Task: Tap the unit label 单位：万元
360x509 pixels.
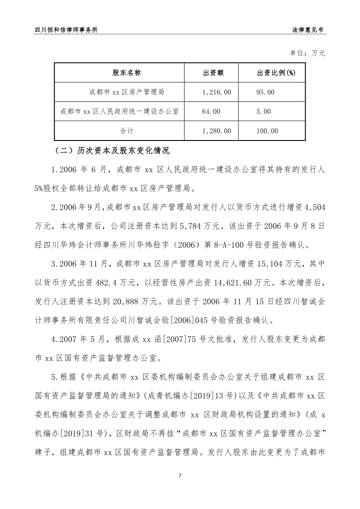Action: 308,53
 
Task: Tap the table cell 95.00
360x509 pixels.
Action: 265,92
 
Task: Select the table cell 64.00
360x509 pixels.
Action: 210,111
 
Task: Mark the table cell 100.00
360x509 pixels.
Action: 267,131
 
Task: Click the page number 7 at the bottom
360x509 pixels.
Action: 180,475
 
